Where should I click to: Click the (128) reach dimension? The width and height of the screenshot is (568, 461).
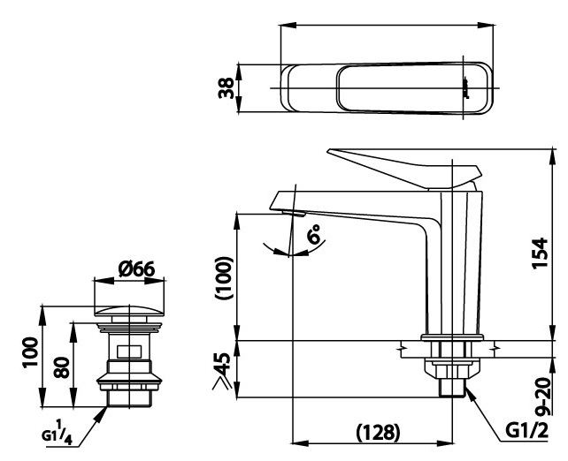pos(375,433)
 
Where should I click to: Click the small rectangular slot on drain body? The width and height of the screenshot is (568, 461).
pos(131,351)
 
